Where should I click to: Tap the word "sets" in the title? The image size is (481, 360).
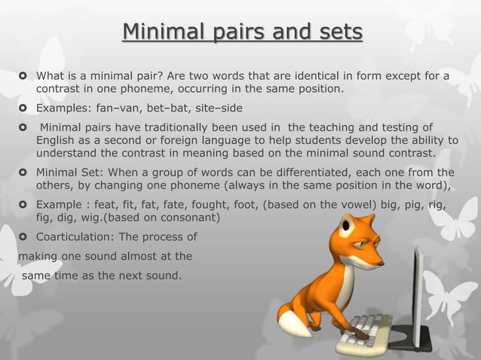(x=339, y=34)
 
